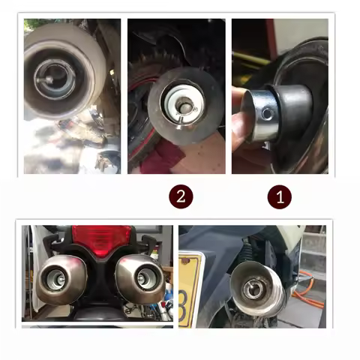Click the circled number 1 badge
(x=280, y=197)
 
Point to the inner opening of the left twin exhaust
(x=56, y=283)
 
